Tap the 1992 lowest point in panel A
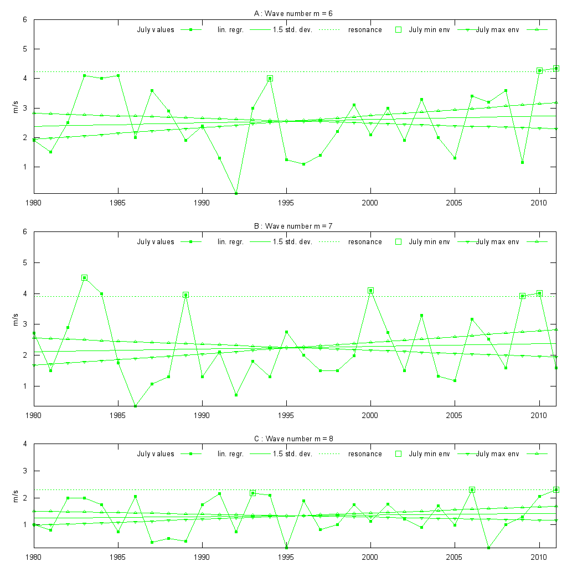236,193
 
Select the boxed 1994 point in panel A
270,79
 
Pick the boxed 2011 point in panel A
556,69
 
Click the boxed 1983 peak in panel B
84,278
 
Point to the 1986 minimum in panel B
135,406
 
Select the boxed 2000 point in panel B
370,291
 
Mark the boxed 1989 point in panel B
186,295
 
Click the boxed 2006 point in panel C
472,490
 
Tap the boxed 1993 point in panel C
252,493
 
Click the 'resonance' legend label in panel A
365,30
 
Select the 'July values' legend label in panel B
156,242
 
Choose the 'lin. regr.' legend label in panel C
230,454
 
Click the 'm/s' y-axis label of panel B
16,319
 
